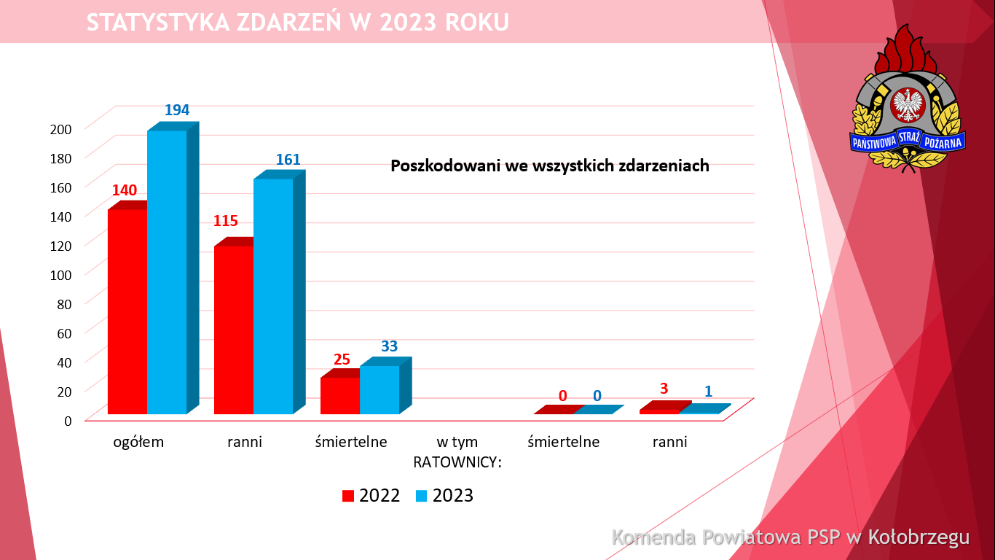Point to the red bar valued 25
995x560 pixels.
[x=340, y=395]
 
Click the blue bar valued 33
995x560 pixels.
[x=379, y=389]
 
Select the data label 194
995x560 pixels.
[x=177, y=110]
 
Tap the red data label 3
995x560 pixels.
[x=664, y=389]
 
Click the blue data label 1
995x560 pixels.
[x=708, y=392]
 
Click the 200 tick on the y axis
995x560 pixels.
[x=62, y=129]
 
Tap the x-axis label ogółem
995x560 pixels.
[x=138, y=442]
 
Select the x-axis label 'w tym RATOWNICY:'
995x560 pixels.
[x=457, y=452]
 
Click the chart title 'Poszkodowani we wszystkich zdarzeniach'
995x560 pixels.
[x=550, y=166]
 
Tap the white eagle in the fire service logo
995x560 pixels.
[x=908, y=104]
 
